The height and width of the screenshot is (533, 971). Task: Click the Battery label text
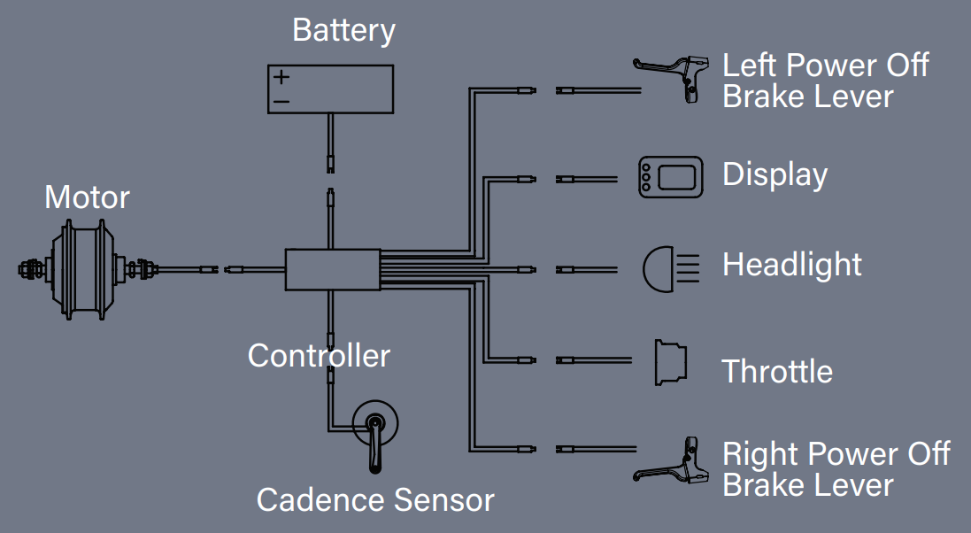(343, 31)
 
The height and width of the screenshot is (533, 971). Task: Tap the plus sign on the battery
(281, 77)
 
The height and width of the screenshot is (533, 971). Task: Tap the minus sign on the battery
(281, 102)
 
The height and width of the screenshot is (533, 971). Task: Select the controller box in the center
(332, 269)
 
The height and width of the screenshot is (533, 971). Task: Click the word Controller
(319, 356)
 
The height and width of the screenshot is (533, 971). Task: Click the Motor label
(87, 197)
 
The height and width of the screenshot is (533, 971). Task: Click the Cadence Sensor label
(375, 500)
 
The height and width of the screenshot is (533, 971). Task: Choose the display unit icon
(670, 178)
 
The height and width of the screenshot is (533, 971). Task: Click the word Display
(774, 175)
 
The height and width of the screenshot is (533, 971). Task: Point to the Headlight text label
(791, 265)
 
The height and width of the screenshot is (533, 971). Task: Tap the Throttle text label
(777, 372)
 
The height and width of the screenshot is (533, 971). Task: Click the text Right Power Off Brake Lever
(835, 469)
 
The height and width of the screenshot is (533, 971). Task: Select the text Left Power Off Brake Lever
(825, 81)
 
